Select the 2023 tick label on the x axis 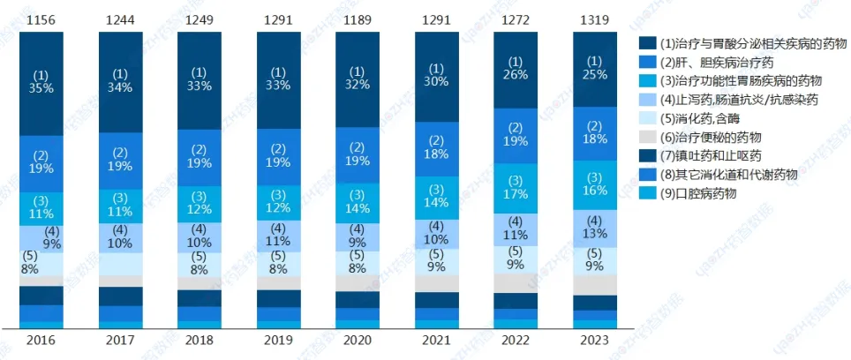click(594, 340)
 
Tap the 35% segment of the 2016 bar click(41, 81)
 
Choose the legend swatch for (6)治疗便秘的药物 click(646, 137)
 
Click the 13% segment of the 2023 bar click(594, 228)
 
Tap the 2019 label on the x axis click(278, 340)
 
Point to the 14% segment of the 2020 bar click(357, 202)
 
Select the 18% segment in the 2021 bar click(436, 146)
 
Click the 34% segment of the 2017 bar click(120, 80)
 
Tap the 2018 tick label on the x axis click(199, 340)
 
